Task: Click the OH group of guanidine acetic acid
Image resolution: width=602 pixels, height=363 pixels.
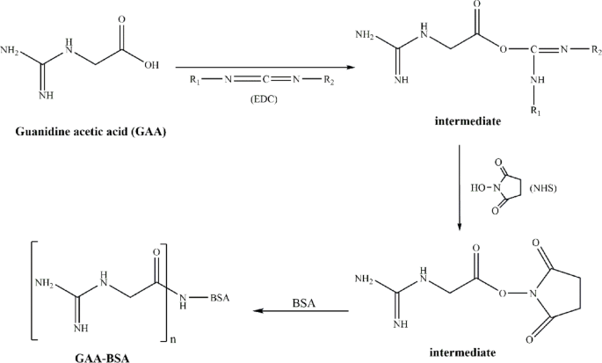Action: tap(150, 63)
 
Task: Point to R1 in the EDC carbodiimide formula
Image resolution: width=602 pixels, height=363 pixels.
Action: tap(194, 81)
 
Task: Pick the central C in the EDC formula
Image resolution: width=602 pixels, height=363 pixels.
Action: tap(264, 81)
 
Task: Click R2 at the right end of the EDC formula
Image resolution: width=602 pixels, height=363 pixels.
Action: tap(333, 81)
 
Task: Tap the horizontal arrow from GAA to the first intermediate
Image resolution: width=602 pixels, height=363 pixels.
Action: tap(264, 66)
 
